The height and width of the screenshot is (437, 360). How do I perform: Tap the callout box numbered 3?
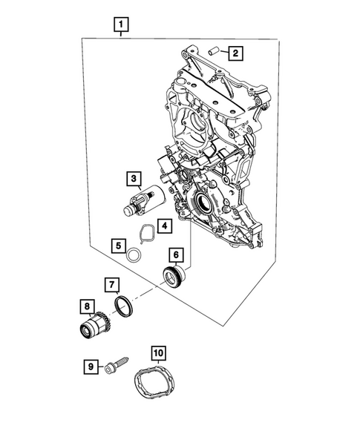click(133, 179)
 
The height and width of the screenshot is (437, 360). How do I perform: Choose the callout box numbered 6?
click(175, 254)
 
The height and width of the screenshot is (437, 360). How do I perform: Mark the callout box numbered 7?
click(109, 284)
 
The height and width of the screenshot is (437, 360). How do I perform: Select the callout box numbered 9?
click(90, 366)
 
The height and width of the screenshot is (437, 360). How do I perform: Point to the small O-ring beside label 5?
click(133, 255)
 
